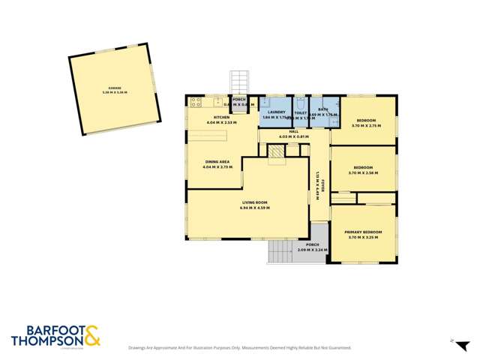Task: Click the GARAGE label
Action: pos(115,88)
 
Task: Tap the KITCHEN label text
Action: pos(221,118)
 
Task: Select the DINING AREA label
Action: pos(217,162)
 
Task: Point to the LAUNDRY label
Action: pos(277,112)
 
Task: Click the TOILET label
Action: pos(300,112)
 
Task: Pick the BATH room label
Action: pos(322,109)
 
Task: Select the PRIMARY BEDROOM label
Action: pos(363,232)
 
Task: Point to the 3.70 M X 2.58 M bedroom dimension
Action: pos(363,173)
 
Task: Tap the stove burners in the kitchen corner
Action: pos(196,100)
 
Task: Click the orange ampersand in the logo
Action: pos(92,336)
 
